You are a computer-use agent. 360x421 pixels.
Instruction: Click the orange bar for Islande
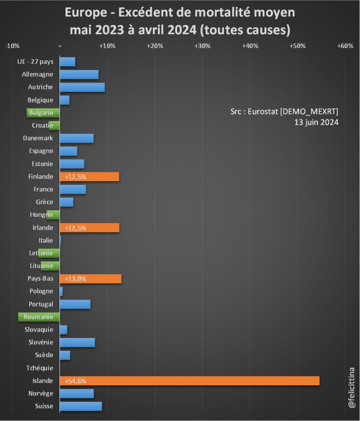pos(189,381)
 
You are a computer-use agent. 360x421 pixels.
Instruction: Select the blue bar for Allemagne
pos(79,74)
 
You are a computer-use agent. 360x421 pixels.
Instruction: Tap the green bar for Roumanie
pos(39,317)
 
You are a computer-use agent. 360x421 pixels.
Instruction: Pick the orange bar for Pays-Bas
pos(91,279)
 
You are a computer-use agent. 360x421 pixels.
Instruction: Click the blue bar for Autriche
pos(82,87)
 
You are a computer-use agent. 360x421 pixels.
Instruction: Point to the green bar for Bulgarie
pos(43,113)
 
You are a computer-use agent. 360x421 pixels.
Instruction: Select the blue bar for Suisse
pos(81,406)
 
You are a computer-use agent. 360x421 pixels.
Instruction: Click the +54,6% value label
pos(75,381)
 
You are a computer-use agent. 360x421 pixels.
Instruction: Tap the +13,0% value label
pos(75,279)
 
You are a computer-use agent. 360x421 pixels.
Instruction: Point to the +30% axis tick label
pos(202,46)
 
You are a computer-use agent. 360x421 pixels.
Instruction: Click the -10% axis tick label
pos(12,46)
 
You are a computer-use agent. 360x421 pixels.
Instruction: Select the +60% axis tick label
pos(345,46)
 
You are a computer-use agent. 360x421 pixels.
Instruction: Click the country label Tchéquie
pos(40,368)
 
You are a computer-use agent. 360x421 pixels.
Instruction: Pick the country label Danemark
pos(38,138)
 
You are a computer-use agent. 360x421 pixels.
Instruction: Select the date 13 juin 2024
pos(316,122)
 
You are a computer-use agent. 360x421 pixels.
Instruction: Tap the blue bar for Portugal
pos(75,304)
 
